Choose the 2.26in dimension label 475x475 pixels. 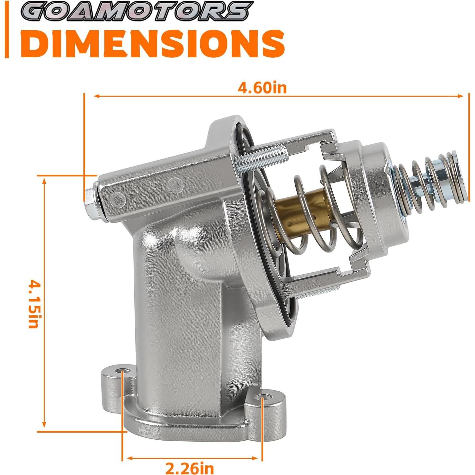[190, 468]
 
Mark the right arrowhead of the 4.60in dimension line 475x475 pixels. [461, 96]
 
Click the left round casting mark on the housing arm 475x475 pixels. [119, 199]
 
